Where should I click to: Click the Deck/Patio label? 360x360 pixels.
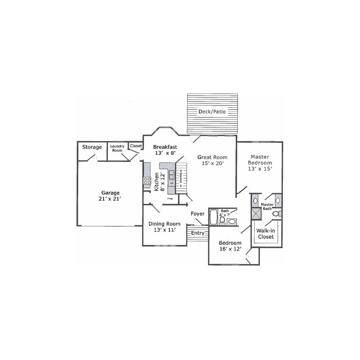(212, 111)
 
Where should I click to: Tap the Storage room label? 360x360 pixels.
(92, 147)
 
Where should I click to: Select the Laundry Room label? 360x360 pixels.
(117, 148)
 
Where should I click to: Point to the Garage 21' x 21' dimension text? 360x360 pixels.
(110, 198)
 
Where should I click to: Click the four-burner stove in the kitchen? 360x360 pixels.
(147, 182)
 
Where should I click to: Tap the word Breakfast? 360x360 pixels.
(165, 147)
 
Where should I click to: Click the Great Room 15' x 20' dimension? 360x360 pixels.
(212, 164)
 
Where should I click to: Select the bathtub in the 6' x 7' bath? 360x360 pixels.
(214, 216)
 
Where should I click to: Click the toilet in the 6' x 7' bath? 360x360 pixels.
(222, 220)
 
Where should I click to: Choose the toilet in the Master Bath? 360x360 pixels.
(276, 214)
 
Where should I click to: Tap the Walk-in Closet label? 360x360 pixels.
(265, 234)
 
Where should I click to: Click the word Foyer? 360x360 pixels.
(198, 214)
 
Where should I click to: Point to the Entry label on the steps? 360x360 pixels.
(198, 233)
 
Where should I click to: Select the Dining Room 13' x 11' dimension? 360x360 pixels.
(164, 230)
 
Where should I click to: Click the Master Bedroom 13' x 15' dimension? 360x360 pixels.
(260, 169)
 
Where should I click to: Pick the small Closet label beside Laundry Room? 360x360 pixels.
(135, 146)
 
